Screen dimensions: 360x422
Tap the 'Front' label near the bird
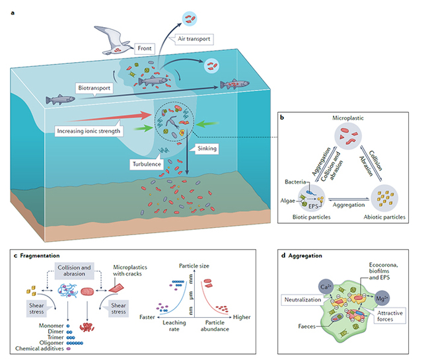[145, 48]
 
